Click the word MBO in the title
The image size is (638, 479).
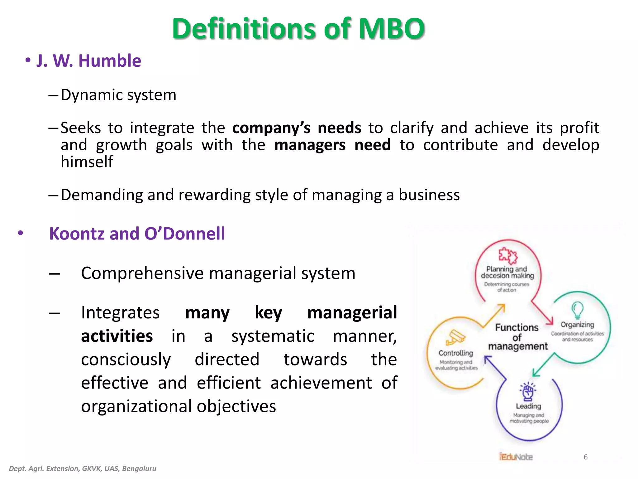point(391,29)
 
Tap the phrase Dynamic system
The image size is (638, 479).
point(118,95)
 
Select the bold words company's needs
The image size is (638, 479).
point(297,128)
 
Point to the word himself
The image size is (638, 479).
point(87,162)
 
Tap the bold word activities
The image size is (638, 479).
point(117,336)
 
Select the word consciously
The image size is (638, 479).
point(126,360)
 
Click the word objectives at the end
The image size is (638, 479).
point(236,406)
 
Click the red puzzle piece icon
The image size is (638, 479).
point(507,255)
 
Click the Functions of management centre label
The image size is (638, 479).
point(517,337)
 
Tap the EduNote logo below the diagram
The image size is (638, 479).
point(516,457)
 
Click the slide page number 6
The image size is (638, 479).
point(585,457)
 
